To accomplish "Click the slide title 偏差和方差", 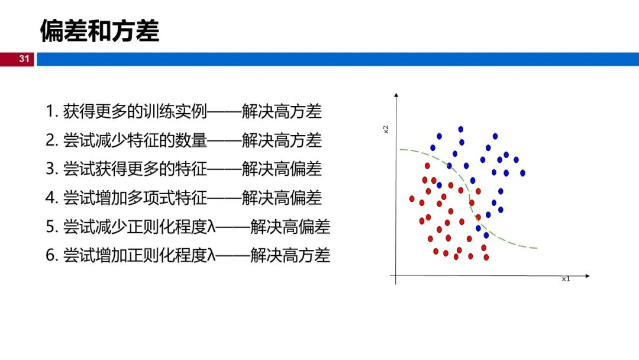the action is pyautogui.click(x=99, y=31).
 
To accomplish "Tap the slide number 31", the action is pyautogui.click(x=24, y=59).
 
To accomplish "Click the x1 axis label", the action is pyautogui.click(x=566, y=279).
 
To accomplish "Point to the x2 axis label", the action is pyautogui.click(x=386, y=129).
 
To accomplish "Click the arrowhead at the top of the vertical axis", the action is pyautogui.click(x=396, y=95).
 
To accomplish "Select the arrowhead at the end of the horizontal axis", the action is pyautogui.click(x=588, y=276).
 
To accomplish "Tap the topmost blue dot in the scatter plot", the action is pyautogui.click(x=460, y=129).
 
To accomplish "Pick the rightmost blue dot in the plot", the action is pyautogui.click(x=522, y=173).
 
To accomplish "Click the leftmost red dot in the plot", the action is pyautogui.click(x=412, y=199).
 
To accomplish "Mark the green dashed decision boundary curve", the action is pyautogui.click(x=469, y=200).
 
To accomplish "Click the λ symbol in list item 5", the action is pyautogui.click(x=211, y=227).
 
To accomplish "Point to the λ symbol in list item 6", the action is pyautogui.click(x=211, y=255).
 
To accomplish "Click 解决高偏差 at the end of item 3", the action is pyautogui.click(x=282, y=169).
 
